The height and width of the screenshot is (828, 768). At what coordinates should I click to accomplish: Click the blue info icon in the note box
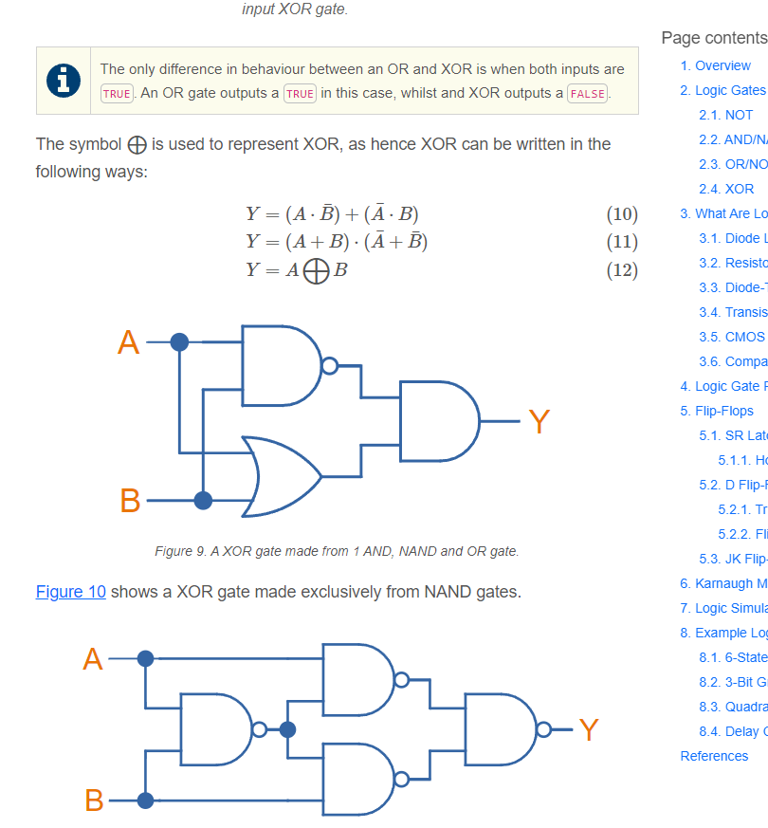[64, 81]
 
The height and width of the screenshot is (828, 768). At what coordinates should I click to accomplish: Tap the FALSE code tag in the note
[588, 93]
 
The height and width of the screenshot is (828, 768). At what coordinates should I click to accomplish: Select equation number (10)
[621, 212]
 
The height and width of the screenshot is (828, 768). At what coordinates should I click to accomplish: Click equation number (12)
[621, 269]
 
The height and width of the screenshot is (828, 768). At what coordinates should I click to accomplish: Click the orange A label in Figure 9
[128, 342]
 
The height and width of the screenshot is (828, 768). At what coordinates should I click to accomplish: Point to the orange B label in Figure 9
[130, 500]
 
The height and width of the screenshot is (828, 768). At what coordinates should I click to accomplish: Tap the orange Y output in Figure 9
[539, 420]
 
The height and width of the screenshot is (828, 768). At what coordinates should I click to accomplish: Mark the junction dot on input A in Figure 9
[179, 342]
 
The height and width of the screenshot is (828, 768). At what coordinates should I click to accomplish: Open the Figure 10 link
[71, 592]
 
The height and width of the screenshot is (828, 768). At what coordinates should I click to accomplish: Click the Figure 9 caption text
[337, 551]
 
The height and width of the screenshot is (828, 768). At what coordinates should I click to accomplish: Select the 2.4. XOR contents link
[726, 189]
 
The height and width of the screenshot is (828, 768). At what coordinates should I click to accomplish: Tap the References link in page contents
[714, 756]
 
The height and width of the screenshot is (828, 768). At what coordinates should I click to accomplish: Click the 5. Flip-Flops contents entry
[717, 411]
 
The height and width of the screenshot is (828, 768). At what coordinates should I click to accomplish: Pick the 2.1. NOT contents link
[725, 115]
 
